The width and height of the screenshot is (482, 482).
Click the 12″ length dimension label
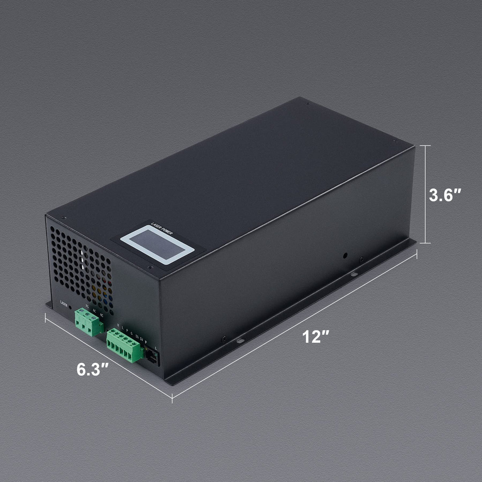(316, 337)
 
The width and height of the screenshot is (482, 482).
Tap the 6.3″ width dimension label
(93, 369)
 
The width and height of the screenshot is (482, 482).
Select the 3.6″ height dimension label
(447, 195)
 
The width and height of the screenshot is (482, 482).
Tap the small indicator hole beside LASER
(71, 307)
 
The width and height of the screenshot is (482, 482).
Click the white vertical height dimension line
(426, 194)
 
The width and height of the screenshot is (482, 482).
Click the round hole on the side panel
(345, 254)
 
